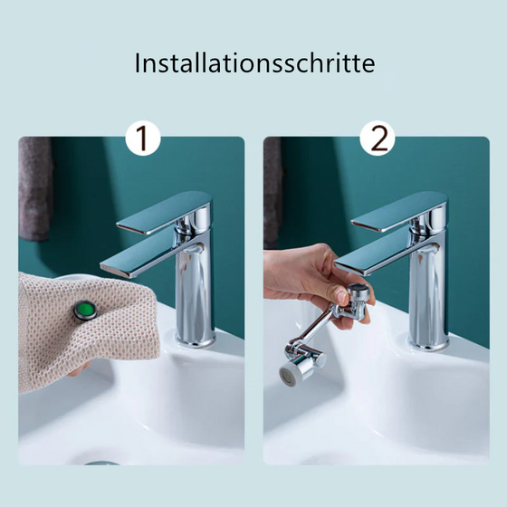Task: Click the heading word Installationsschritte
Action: click(x=254, y=64)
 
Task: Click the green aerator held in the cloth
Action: click(x=83, y=311)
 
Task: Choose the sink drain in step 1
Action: click(x=91, y=461)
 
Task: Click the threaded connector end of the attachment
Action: click(x=359, y=293)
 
